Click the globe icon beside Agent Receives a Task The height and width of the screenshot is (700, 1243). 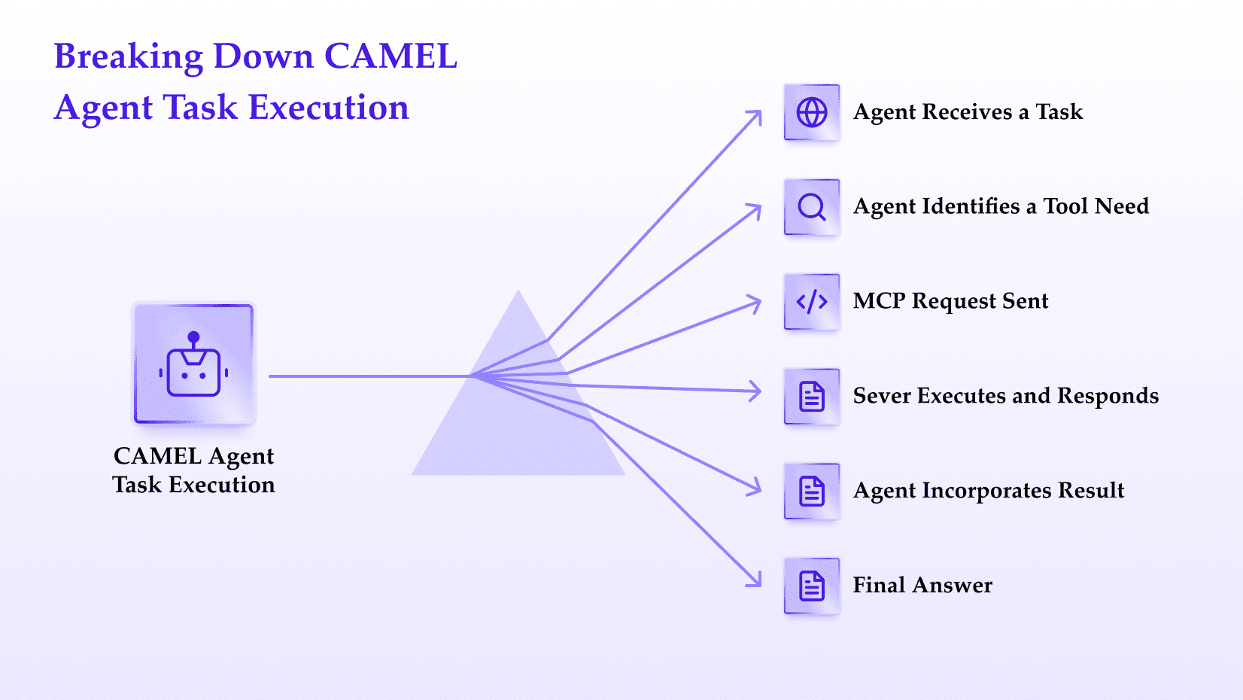(x=812, y=113)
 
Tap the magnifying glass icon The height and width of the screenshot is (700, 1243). (x=812, y=208)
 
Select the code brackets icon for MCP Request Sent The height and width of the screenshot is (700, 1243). (x=812, y=302)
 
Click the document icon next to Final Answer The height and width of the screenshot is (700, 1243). (x=812, y=586)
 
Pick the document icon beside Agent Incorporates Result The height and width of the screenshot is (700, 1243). (x=812, y=492)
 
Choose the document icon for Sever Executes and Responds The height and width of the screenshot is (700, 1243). (x=812, y=397)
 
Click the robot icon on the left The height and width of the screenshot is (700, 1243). (x=193, y=364)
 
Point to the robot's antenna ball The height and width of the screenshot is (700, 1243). (x=193, y=337)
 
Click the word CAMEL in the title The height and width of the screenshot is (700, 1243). (x=391, y=56)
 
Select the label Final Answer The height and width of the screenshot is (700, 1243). (x=922, y=585)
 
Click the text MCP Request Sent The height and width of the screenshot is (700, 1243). (x=950, y=301)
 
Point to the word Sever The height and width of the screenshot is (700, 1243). (x=882, y=396)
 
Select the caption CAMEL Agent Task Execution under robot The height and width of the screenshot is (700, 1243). (x=193, y=470)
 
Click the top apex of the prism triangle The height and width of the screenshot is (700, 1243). (x=519, y=290)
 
